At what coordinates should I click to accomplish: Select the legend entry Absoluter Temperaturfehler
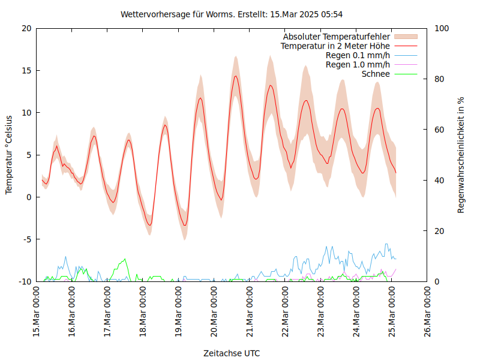[x=337, y=37]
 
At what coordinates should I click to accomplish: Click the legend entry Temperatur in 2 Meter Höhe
[x=335, y=46]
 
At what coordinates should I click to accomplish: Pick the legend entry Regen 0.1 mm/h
[x=358, y=55]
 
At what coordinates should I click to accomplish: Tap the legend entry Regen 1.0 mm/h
[x=358, y=64]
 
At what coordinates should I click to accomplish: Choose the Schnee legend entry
[x=376, y=74]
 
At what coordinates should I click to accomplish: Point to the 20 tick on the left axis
[x=26, y=28]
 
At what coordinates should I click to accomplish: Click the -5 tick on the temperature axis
[x=26, y=239]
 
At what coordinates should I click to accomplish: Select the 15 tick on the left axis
[x=26, y=70]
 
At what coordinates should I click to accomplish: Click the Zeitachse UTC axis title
[x=232, y=353]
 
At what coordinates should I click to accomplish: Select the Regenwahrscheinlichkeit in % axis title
[x=461, y=155]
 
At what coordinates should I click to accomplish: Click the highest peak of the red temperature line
[x=236, y=76]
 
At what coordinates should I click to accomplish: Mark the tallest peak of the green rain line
[x=125, y=259]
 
